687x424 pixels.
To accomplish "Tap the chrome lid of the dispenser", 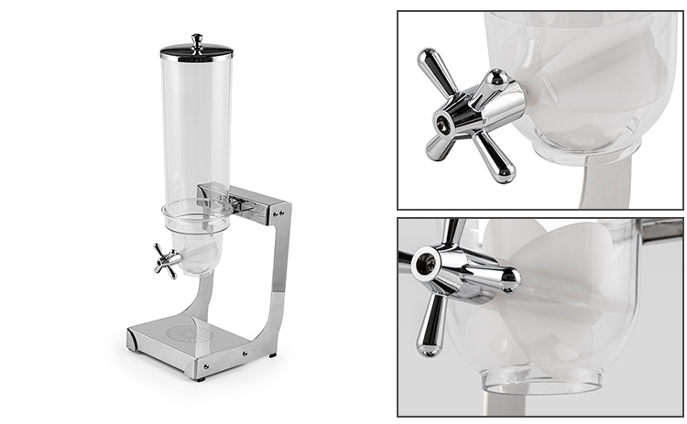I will click(x=196, y=53).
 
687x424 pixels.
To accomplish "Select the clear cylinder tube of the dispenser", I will click(x=196, y=128).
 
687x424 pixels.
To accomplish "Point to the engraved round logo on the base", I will click(x=190, y=333).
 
